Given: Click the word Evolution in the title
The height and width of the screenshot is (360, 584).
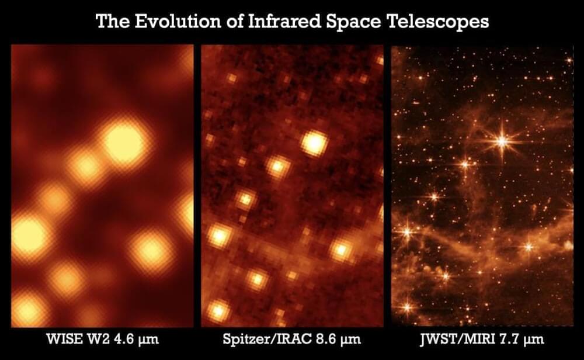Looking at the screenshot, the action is [x=178, y=21].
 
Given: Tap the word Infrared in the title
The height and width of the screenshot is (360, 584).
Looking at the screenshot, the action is [x=284, y=21].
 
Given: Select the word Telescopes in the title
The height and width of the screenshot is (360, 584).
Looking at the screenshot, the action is [x=439, y=22].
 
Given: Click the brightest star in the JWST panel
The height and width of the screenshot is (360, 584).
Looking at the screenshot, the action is [x=502, y=141].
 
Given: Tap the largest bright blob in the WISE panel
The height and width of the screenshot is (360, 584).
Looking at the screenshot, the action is [x=123, y=143].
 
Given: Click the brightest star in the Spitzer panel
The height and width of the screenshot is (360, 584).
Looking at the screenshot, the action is [x=314, y=143].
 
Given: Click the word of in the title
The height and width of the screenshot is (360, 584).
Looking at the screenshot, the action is [x=234, y=21].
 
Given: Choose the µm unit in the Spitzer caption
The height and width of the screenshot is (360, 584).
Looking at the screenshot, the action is [x=351, y=340].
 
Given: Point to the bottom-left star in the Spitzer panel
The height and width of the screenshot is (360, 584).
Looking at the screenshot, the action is [x=218, y=310].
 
